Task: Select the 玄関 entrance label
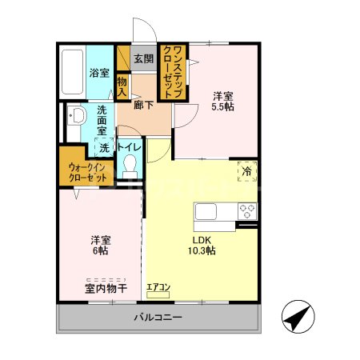pos(144,58)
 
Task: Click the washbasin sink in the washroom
pos(76,117)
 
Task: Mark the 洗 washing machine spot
pos(104,148)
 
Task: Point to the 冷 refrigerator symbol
pos(246,171)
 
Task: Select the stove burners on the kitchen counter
pos(246,213)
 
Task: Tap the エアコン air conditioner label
pos(158,286)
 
